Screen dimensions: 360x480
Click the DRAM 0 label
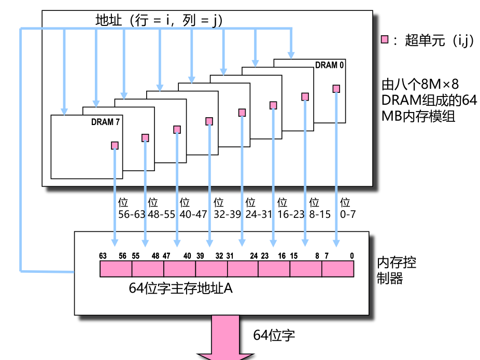pos(330,65)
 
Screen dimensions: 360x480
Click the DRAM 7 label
pos(105,122)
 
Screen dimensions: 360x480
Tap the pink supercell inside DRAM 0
pos(336,89)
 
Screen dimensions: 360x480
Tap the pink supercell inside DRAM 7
pos(115,146)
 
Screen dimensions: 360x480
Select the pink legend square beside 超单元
pos(385,40)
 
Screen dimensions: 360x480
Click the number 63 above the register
pos(104,255)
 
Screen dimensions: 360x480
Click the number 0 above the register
pos(352,255)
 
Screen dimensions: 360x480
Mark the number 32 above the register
pos(219,255)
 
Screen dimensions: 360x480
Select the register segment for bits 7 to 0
pos(338,268)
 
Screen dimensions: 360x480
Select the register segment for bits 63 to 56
pos(116,268)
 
